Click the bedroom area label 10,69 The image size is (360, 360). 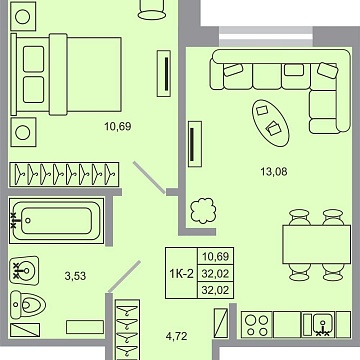pos(118,126)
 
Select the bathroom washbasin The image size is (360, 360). pos(24,269)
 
